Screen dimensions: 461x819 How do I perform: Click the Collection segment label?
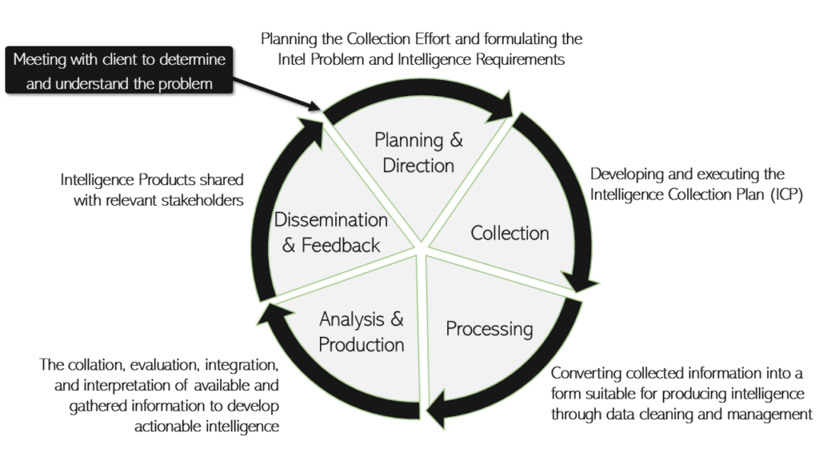pos(509,234)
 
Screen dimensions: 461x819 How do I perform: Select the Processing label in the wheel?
pos(489,329)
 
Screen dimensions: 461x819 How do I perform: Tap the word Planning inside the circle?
pos(409,141)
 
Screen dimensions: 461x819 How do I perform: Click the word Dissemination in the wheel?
pos(330,220)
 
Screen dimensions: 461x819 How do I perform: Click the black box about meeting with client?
pos(119,71)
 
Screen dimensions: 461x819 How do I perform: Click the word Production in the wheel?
pos(362,345)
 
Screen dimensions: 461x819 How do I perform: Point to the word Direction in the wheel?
pos(418,166)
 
